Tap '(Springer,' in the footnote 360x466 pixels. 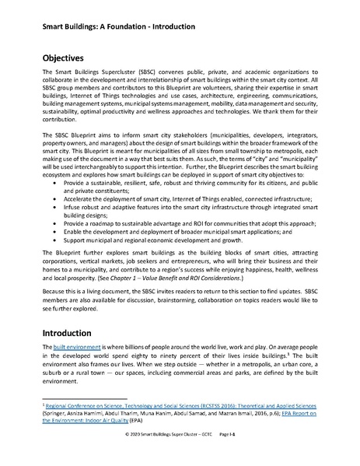(55, 413)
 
